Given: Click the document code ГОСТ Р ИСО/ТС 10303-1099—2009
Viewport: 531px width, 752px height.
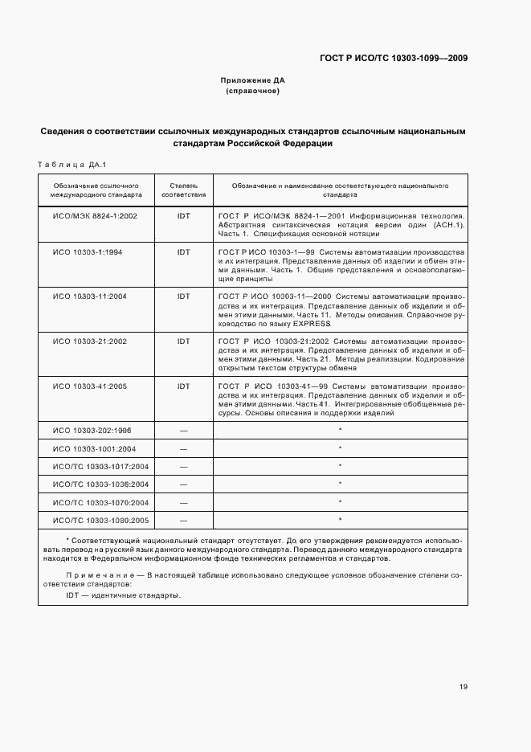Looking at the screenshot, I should [x=394, y=58].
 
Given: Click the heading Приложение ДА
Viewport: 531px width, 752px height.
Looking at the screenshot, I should [x=253, y=81].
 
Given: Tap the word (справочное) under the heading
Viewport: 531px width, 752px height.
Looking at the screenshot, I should [x=253, y=92].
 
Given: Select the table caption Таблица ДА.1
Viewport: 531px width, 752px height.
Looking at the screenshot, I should [x=72, y=166].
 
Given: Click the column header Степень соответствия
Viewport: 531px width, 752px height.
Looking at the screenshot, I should [x=184, y=190].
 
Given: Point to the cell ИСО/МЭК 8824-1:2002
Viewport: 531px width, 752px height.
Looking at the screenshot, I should [x=95, y=216].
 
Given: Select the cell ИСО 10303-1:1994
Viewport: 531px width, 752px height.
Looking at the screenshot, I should [x=88, y=251].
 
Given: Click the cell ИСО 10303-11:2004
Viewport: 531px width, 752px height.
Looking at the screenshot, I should [x=90, y=296].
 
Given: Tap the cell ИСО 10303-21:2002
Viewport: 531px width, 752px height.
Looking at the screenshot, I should [x=90, y=341].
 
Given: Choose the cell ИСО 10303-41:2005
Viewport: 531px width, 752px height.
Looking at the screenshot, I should [x=90, y=386].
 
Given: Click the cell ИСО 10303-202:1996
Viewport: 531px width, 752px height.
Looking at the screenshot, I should [x=92, y=431].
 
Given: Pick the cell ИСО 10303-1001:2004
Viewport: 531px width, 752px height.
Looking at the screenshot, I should [x=94, y=448].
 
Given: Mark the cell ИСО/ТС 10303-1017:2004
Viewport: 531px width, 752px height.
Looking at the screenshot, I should [x=100, y=466].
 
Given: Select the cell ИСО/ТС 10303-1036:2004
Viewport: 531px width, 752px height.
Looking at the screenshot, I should [x=100, y=484].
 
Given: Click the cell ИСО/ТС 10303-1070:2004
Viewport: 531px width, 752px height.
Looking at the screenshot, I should [x=100, y=502].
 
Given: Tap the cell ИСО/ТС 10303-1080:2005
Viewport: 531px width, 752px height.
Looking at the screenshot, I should [x=100, y=520].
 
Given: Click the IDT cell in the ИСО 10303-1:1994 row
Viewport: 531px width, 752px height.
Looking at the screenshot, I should [x=184, y=251].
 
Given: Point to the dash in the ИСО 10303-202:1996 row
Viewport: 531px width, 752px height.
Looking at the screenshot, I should [x=184, y=431].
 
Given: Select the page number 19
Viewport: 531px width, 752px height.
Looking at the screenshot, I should [x=464, y=686].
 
